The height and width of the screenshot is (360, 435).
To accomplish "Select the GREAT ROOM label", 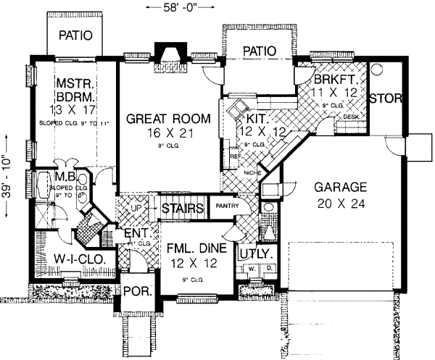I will tap(168, 118).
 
